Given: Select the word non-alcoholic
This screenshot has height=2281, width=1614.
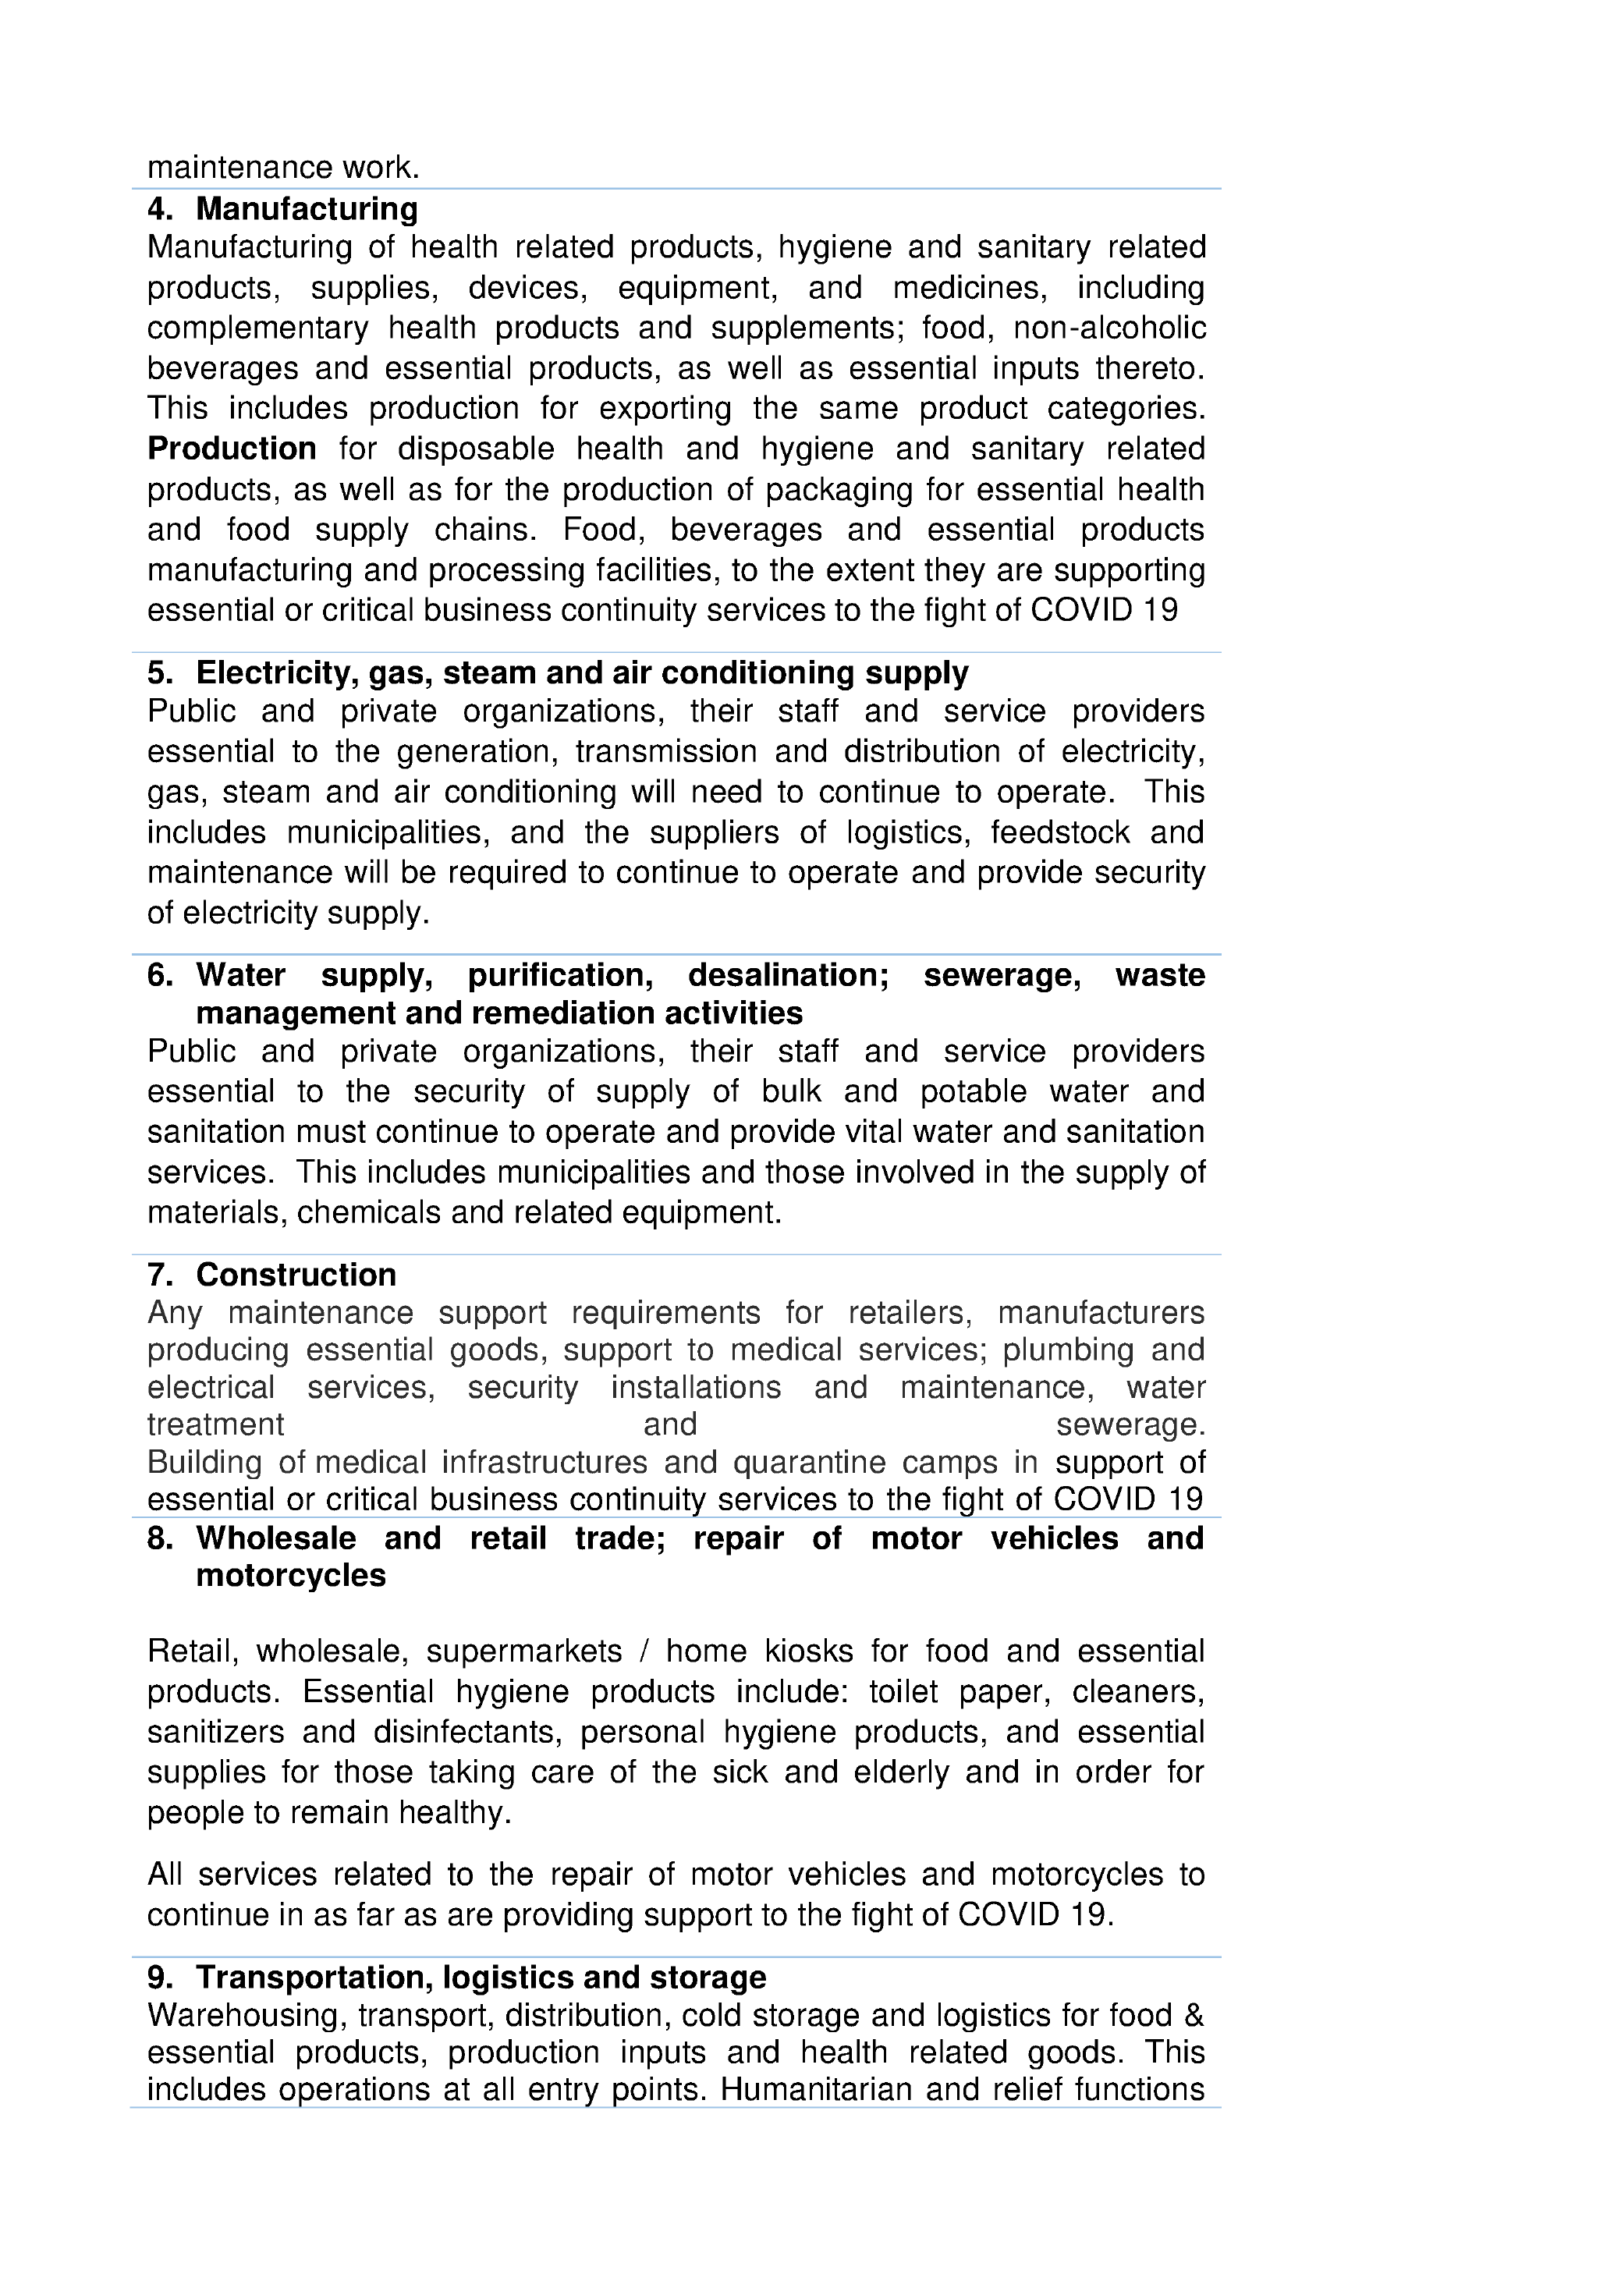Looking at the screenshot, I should (x=1109, y=328).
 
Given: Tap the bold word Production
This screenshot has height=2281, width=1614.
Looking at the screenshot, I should (x=232, y=449).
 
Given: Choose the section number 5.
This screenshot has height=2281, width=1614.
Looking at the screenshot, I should (x=159, y=673).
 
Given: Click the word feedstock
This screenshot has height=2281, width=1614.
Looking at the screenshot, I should (x=1059, y=832).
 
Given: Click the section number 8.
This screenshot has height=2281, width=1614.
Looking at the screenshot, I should (x=159, y=1538).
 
